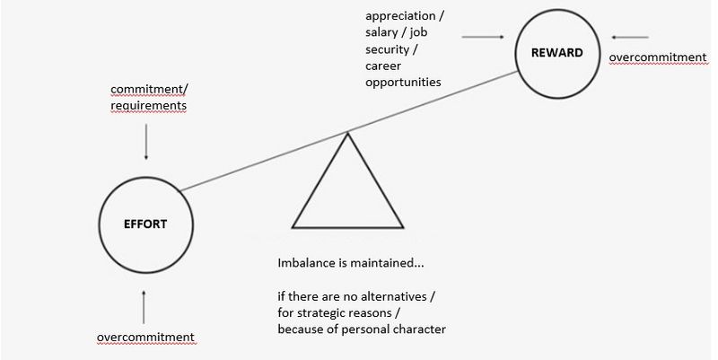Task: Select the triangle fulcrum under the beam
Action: point(347,227)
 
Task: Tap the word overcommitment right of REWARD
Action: point(658,57)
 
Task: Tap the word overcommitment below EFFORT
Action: point(145,337)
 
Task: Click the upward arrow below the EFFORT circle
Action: point(144,306)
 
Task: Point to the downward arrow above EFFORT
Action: point(146,142)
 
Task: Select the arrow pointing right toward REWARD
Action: point(483,37)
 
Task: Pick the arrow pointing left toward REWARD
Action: point(630,37)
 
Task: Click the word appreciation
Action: point(400,16)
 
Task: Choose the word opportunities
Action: point(403,83)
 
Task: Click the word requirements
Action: point(148,106)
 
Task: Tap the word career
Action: point(383,66)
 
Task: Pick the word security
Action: point(388,49)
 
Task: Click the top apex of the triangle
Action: point(347,133)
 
